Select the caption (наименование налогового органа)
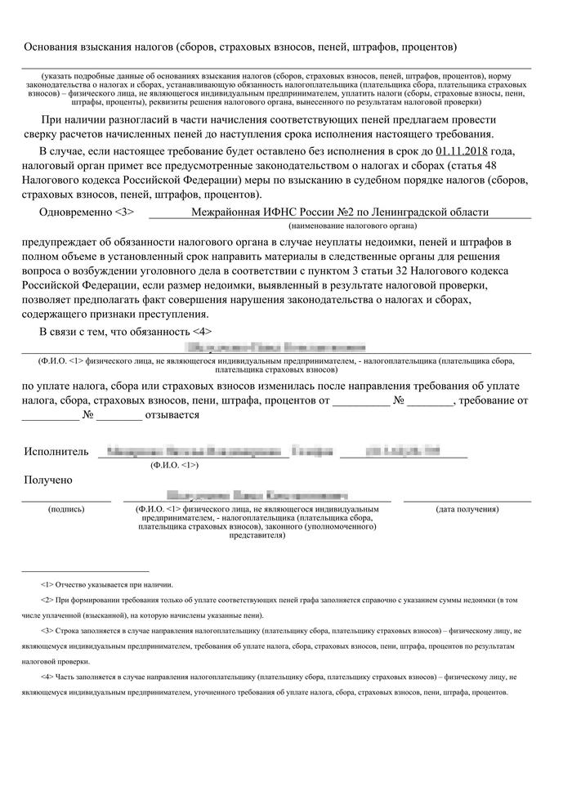tap(352, 225)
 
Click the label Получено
tap(48, 480)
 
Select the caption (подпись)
tap(66, 509)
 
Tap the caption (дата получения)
tap(467, 509)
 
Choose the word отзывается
tap(172, 415)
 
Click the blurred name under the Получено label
tap(256, 495)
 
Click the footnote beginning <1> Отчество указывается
tap(105, 584)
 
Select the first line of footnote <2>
tap(279, 601)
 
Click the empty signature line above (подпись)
tap(66, 500)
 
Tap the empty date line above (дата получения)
tap(467, 500)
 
